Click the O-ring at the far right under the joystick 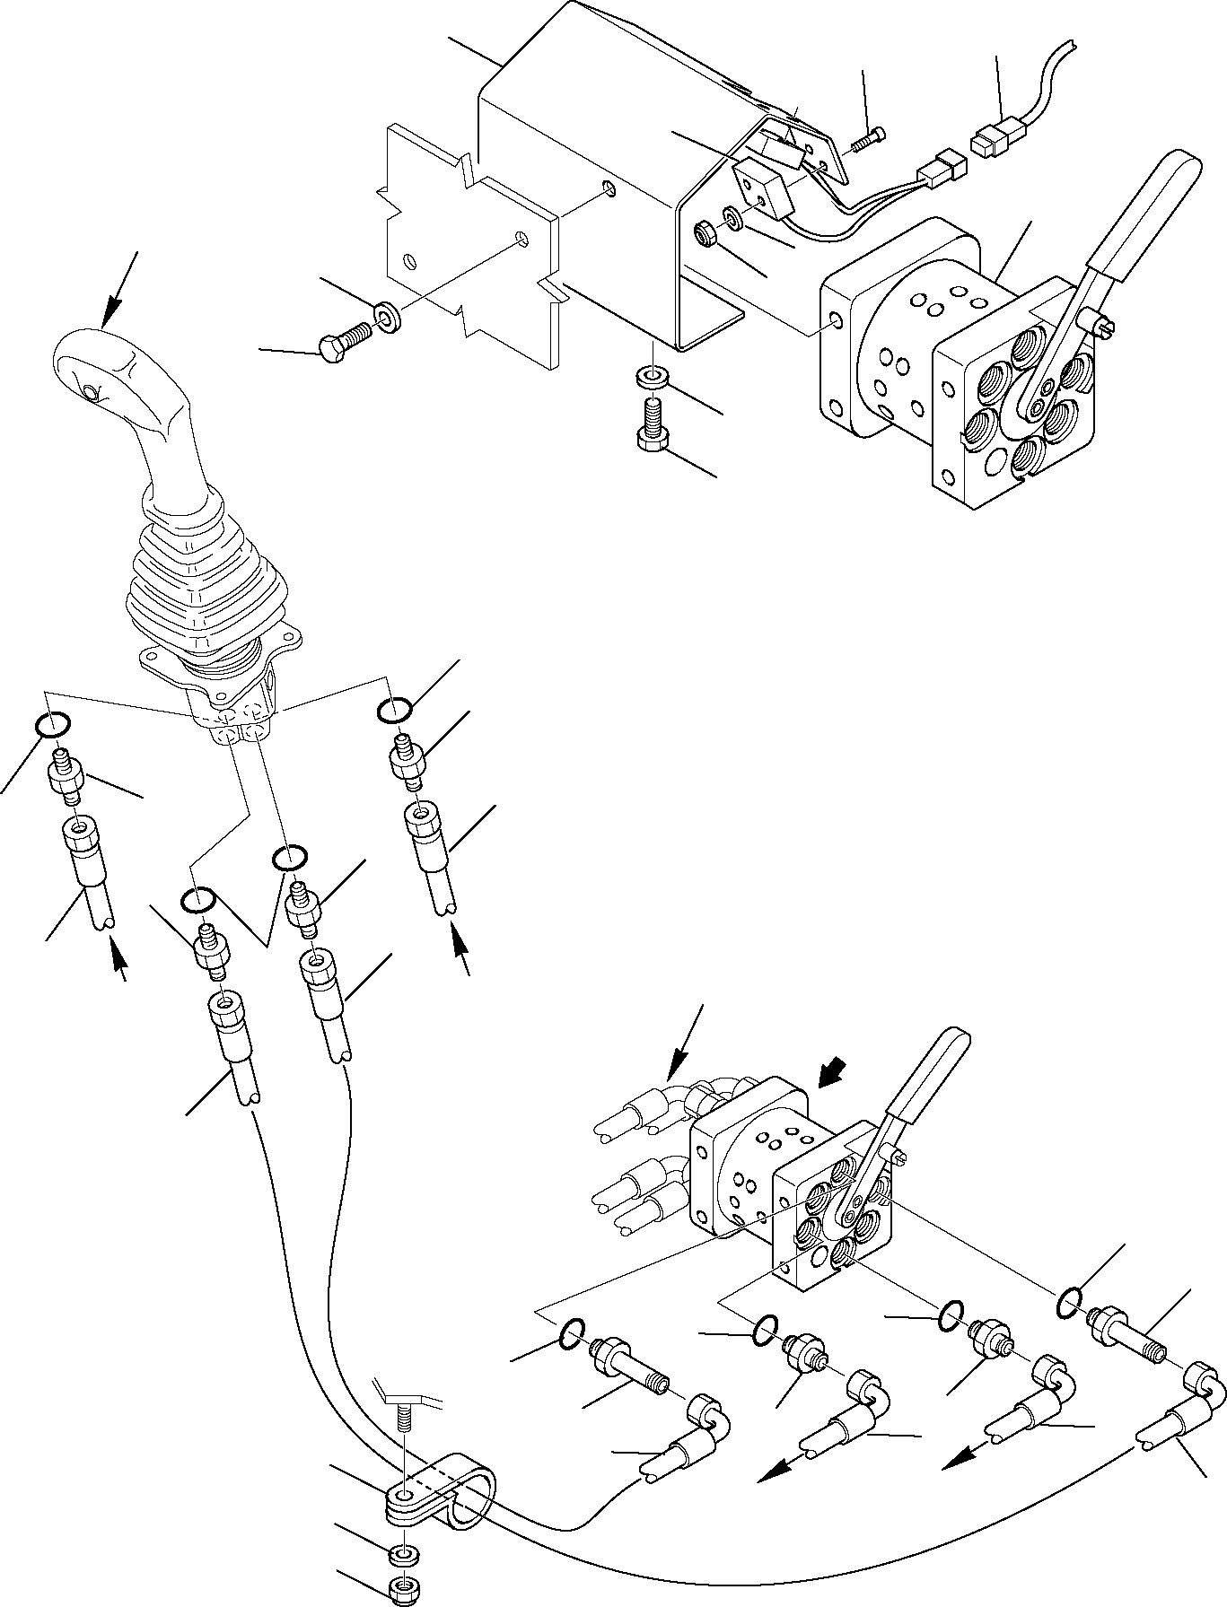(x=395, y=709)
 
